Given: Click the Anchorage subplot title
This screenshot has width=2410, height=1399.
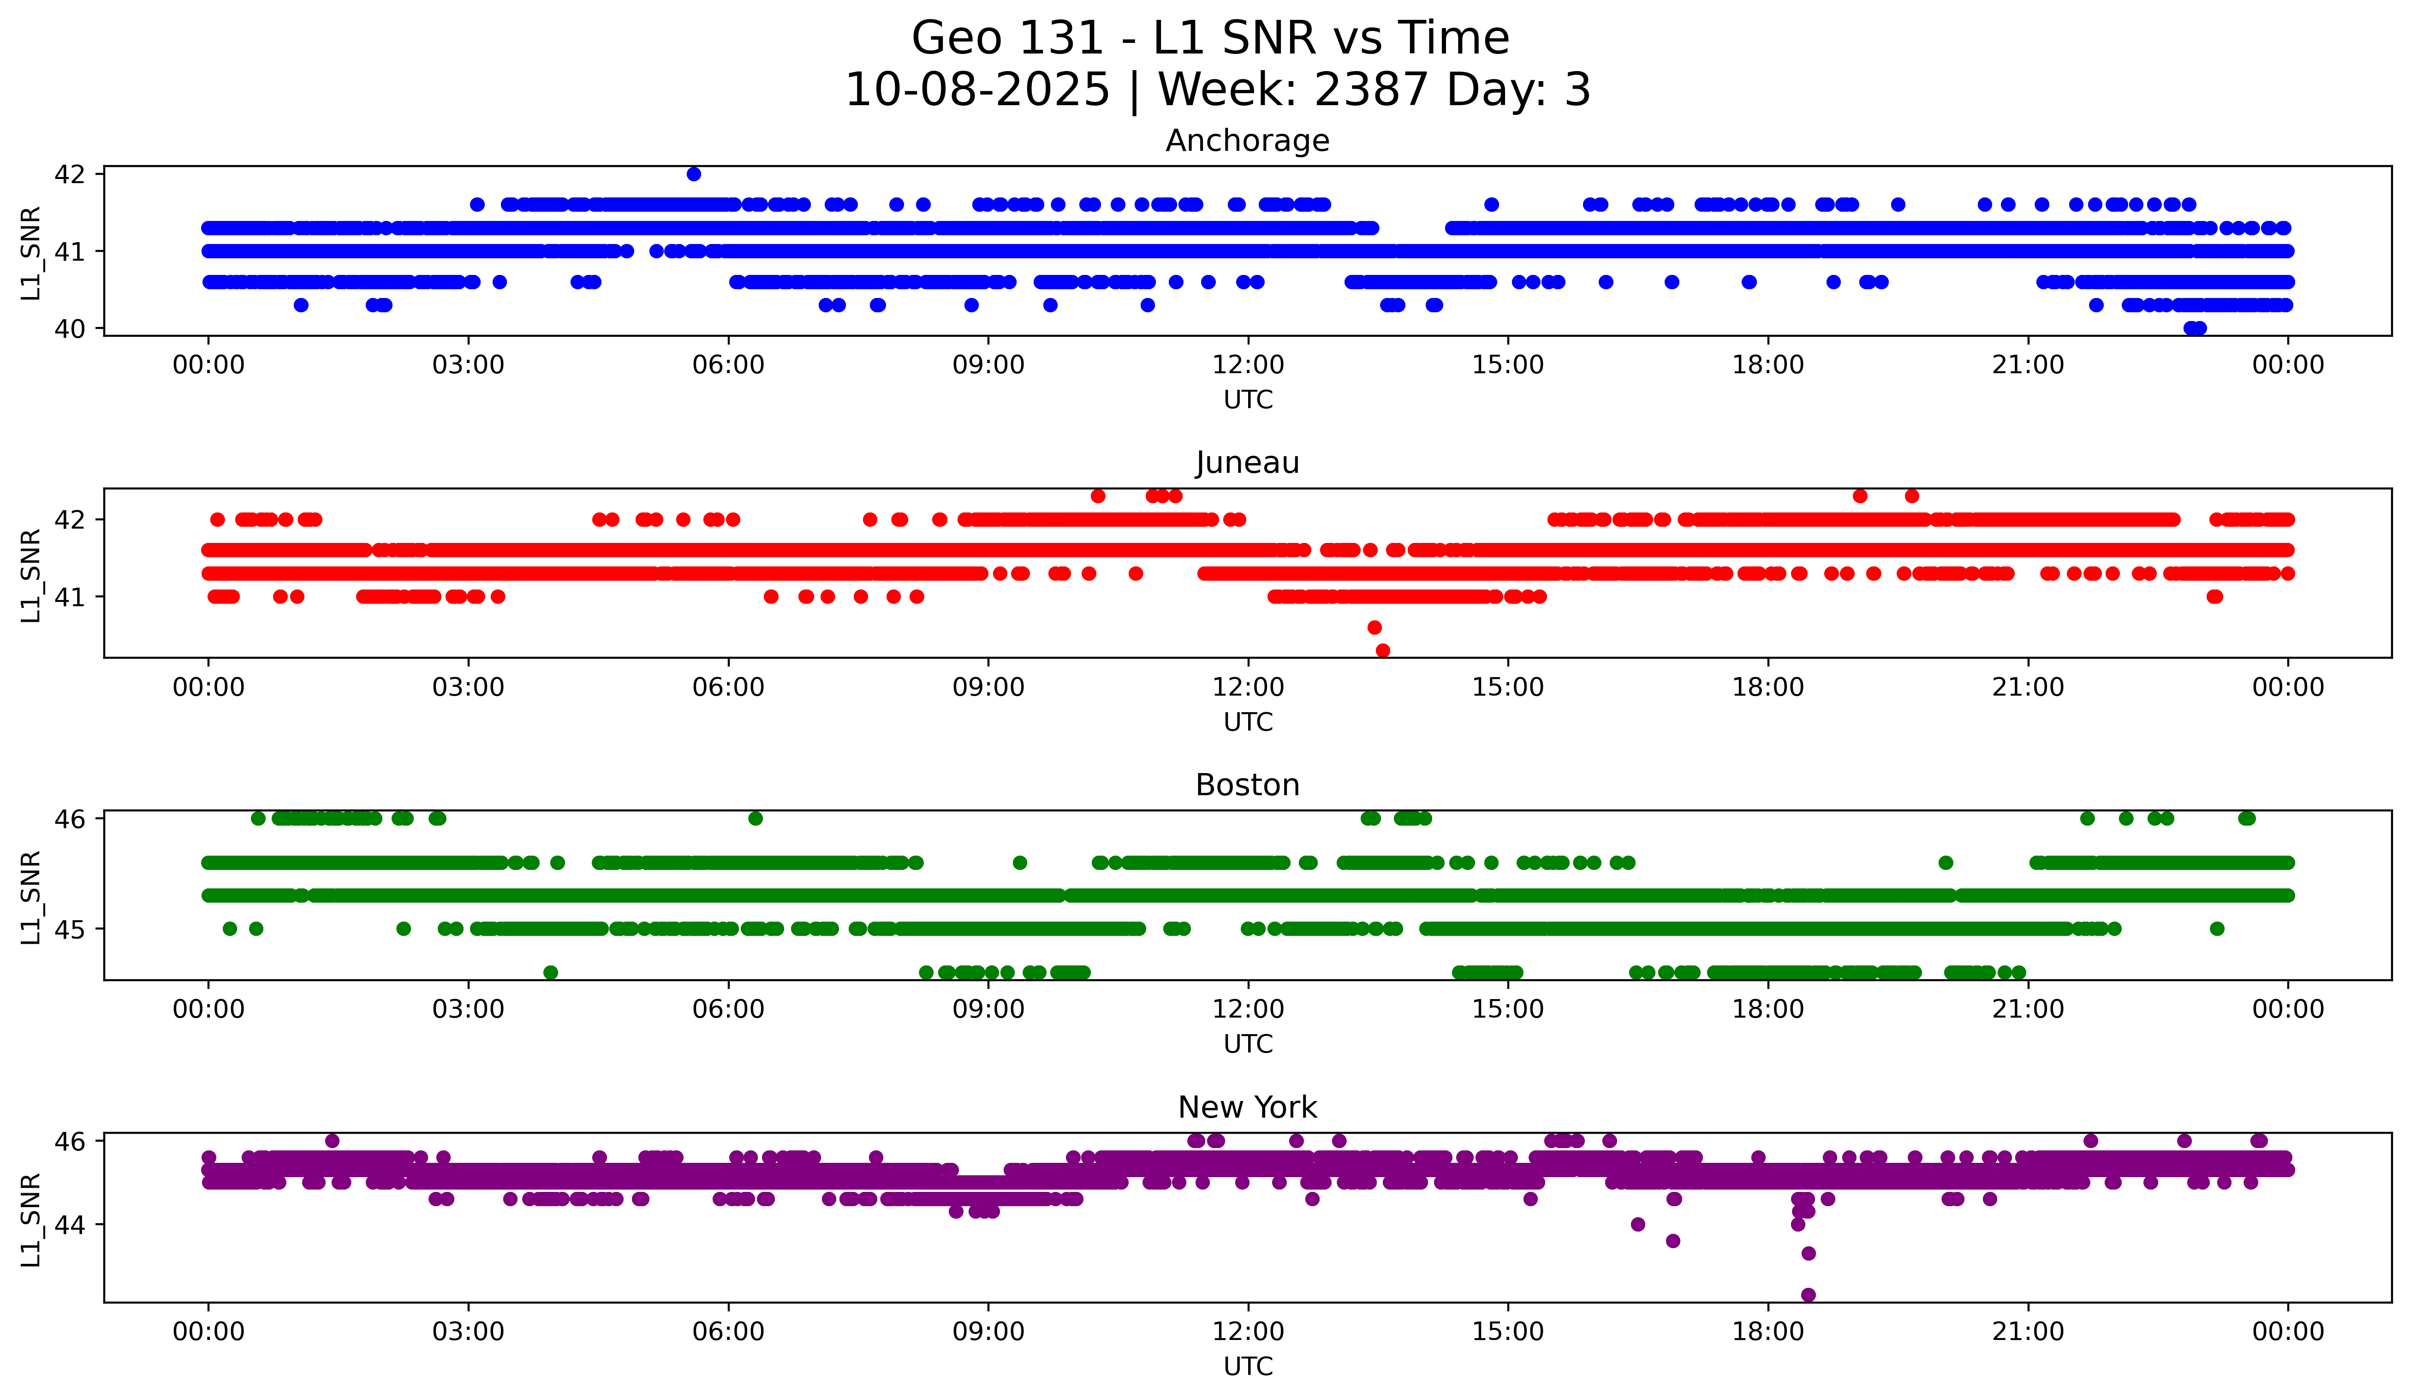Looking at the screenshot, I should (1247, 141).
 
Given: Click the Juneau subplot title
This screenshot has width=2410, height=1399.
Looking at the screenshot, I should (1247, 463).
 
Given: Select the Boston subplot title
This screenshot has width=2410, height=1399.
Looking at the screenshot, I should (1247, 785).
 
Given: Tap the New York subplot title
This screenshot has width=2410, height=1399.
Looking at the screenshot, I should (1247, 1107).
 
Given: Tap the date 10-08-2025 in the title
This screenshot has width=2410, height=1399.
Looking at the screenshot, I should (977, 90).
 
